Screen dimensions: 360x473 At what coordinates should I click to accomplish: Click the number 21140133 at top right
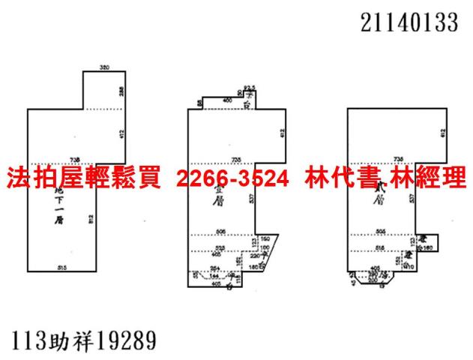point(409,24)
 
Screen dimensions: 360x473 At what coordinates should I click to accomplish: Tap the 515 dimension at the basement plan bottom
point(63,268)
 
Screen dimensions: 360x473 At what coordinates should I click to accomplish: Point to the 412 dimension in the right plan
point(444,133)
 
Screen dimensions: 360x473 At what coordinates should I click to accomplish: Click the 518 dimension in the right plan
point(380,247)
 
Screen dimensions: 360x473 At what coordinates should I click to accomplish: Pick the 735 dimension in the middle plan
point(236,159)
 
